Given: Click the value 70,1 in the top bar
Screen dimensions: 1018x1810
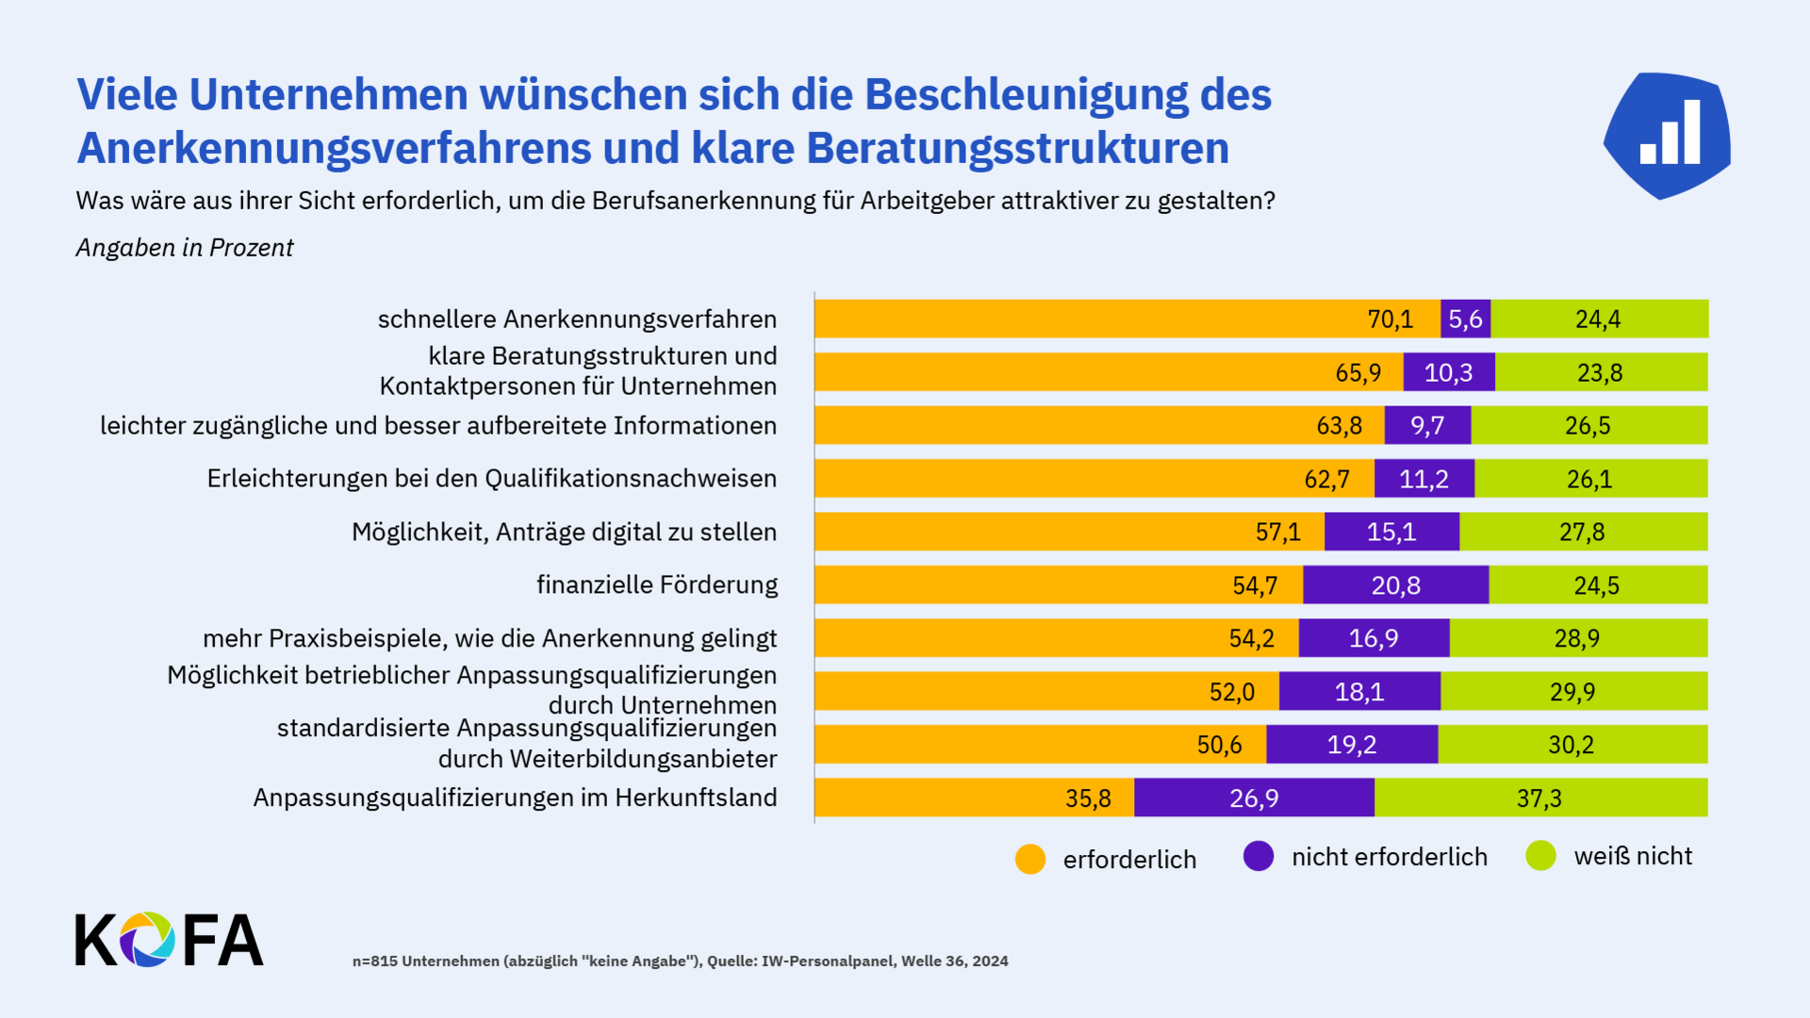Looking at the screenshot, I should pyautogui.click(x=1390, y=320).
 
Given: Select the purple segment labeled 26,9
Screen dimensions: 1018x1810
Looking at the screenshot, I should pyautogui.click(x=1254, y=798).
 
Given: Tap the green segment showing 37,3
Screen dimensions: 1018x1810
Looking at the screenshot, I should pyautogui.click(x=1539, y=798).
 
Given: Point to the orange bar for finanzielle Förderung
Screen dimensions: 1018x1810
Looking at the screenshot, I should pyautogui.click(x=1058, y=585).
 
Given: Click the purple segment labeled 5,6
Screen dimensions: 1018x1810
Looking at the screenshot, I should pyautogui.click(x=1465, y=320).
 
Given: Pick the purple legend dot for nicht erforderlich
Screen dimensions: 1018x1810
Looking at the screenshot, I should pyautogui.click(x=1259, y=857).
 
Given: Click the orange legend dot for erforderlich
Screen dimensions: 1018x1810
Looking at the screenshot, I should pyautogui.click(x=1030, y=860).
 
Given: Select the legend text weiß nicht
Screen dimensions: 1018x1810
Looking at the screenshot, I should pyautogui.click(x=1633, y=857).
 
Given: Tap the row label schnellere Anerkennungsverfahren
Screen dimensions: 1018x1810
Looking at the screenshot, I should pyautogui.click(x=577, y=320).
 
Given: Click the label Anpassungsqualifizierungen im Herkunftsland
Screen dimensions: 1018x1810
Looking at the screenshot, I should pyautogui.click(x=515, y=798).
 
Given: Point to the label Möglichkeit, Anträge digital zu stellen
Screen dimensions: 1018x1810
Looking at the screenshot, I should pyautogui.click(x=564, y=533).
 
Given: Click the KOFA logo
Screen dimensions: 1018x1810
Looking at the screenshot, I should pyautogui.click(x=170, y=940).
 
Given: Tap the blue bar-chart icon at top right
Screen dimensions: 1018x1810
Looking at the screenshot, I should pyautogui.click(x=1668, y=136).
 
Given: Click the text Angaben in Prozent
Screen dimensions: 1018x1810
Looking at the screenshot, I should pyautogui.click(x=185, y=248).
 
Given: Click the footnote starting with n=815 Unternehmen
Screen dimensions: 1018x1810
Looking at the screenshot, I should pyautogui.click(x=680, y=961).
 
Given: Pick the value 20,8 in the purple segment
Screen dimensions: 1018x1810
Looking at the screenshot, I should pyautogui.click(x=1395, y=585).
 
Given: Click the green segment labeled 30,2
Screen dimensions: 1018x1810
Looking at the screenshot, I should pyautogui.click(x=1571, y=745).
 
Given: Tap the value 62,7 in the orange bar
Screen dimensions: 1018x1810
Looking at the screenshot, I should pyautogui.click(x=1326, y=479).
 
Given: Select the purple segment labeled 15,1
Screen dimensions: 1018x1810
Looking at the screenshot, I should pyautogui.click(x=1391, y=533).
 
